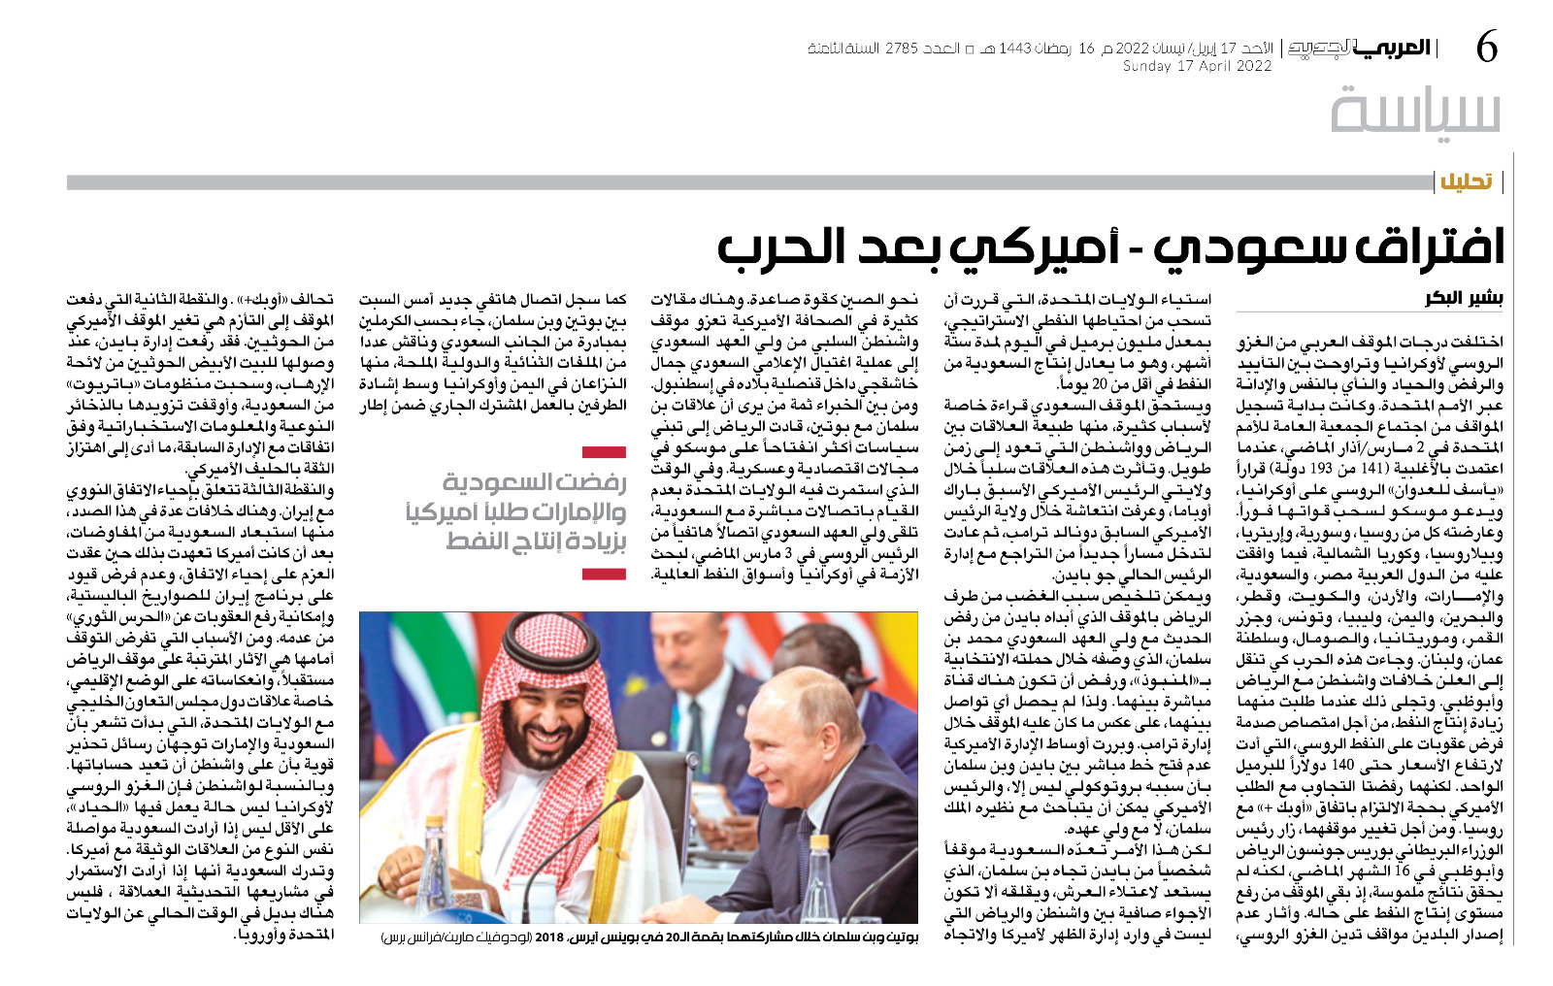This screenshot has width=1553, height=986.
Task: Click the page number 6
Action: point(1487,47)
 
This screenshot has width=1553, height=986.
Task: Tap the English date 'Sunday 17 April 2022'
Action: point(1197,67)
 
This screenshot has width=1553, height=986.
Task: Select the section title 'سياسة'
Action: point(1415,111)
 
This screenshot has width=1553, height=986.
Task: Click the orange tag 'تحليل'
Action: point(1466,181)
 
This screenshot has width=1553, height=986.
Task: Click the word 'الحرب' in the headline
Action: point(780,246)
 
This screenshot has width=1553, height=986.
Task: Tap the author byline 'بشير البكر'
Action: point(1464,299)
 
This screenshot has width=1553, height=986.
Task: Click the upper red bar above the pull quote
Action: point(604,452)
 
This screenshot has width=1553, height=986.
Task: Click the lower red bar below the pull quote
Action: point(604,575)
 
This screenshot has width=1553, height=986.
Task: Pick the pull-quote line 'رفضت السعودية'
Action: point(534,482)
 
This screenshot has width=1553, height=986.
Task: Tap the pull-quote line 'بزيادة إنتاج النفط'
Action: point(536,542)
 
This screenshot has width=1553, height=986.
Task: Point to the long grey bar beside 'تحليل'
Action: point(747,182)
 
